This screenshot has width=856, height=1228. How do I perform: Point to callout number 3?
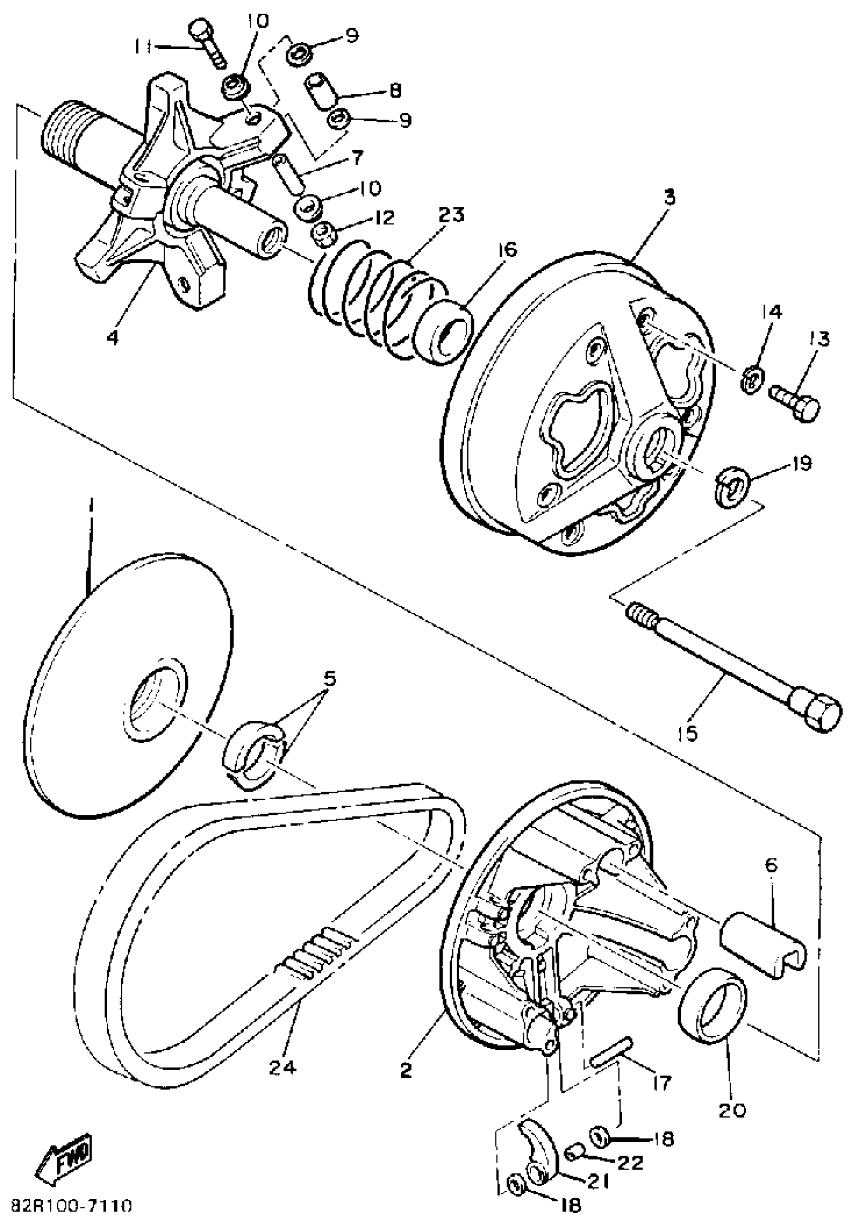click(x=670, y=198)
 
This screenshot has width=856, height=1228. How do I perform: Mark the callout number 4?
click(x=112, y=338)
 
